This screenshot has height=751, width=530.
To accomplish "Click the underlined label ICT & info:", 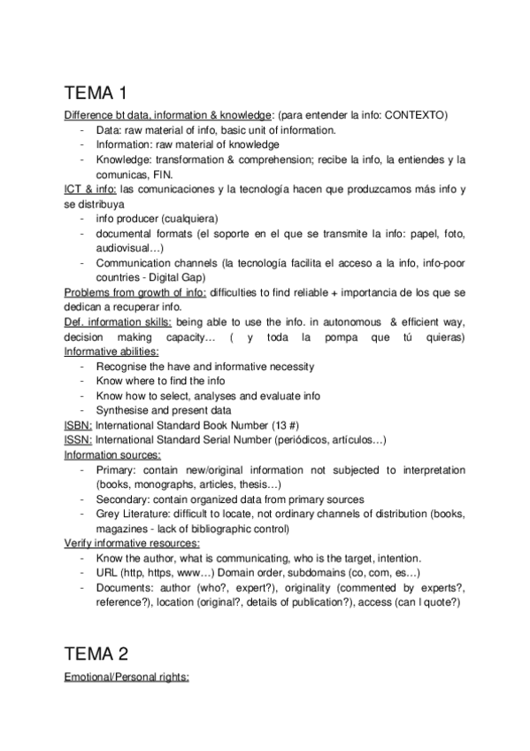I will point(90,190).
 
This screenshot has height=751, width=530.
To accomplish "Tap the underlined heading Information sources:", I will point(111,454).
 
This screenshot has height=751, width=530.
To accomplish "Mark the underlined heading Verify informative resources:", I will point(132,543).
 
